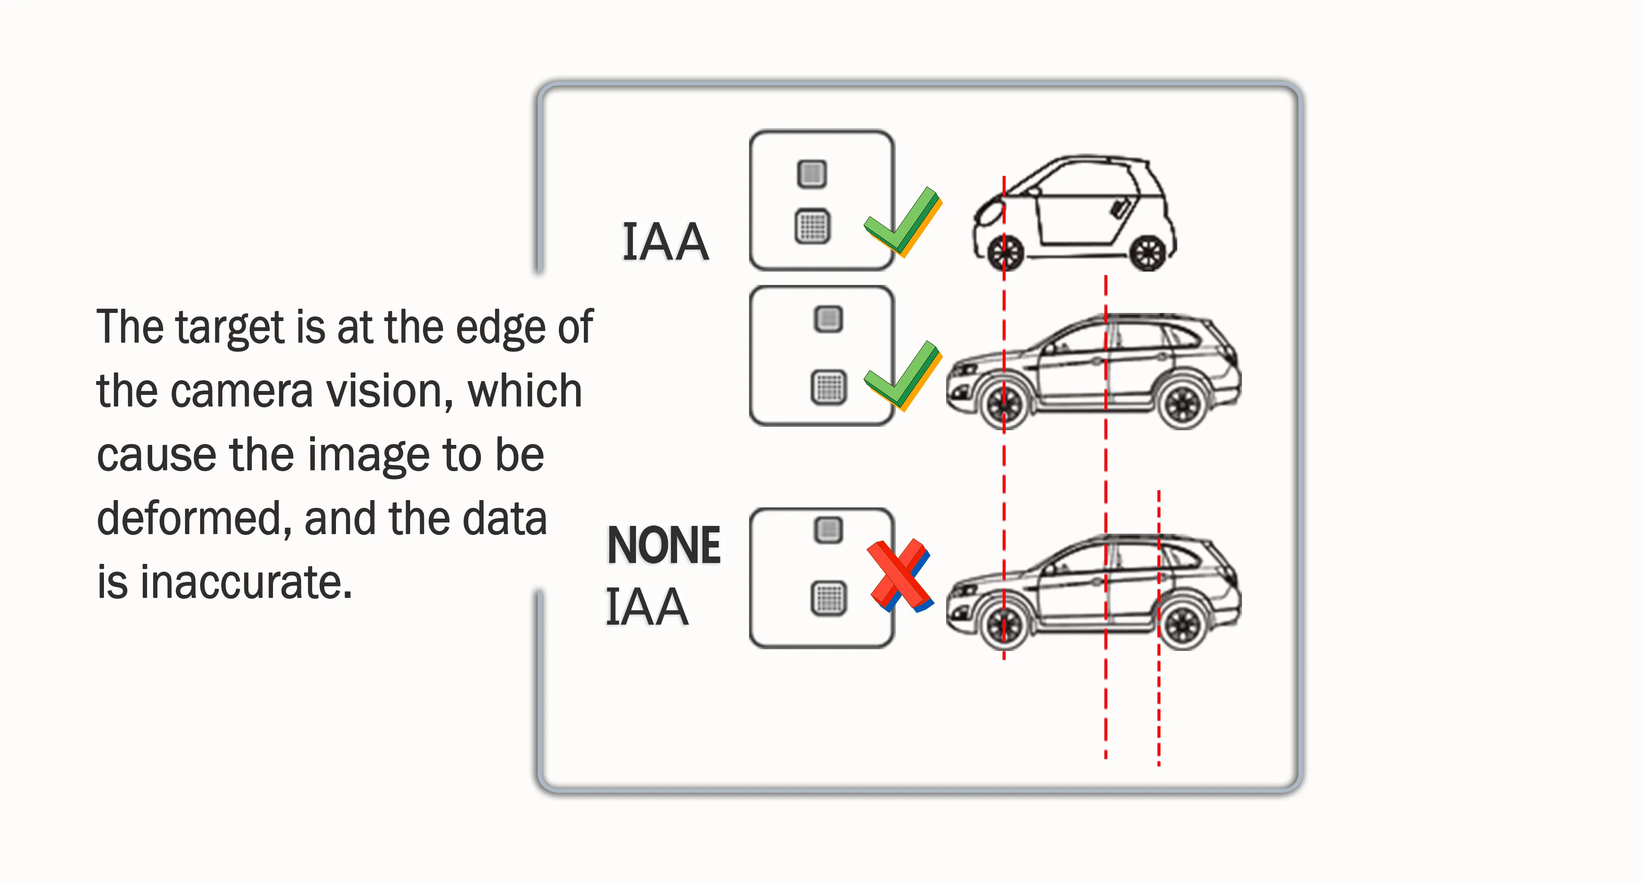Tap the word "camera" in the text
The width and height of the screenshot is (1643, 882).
click(241, 391)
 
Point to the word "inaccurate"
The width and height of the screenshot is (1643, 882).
click(245, 582)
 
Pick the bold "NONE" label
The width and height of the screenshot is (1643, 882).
click(663, 545)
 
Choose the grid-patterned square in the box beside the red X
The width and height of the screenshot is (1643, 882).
click(828, 598)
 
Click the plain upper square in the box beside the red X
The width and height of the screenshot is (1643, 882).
click(828, 530)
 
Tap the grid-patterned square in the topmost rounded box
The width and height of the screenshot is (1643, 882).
click(812, 226)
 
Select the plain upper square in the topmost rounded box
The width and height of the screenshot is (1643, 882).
click(812, 173)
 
